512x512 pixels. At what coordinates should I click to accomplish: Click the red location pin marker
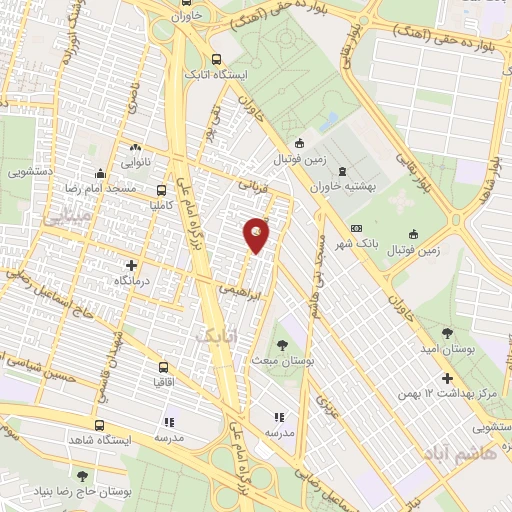257,234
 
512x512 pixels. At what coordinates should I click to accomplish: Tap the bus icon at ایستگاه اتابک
218,58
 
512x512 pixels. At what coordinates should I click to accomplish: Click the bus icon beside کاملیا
162,189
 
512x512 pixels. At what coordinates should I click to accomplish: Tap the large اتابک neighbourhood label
213,338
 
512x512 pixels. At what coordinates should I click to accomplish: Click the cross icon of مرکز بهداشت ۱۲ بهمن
447,378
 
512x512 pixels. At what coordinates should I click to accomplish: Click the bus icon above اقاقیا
163,367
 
